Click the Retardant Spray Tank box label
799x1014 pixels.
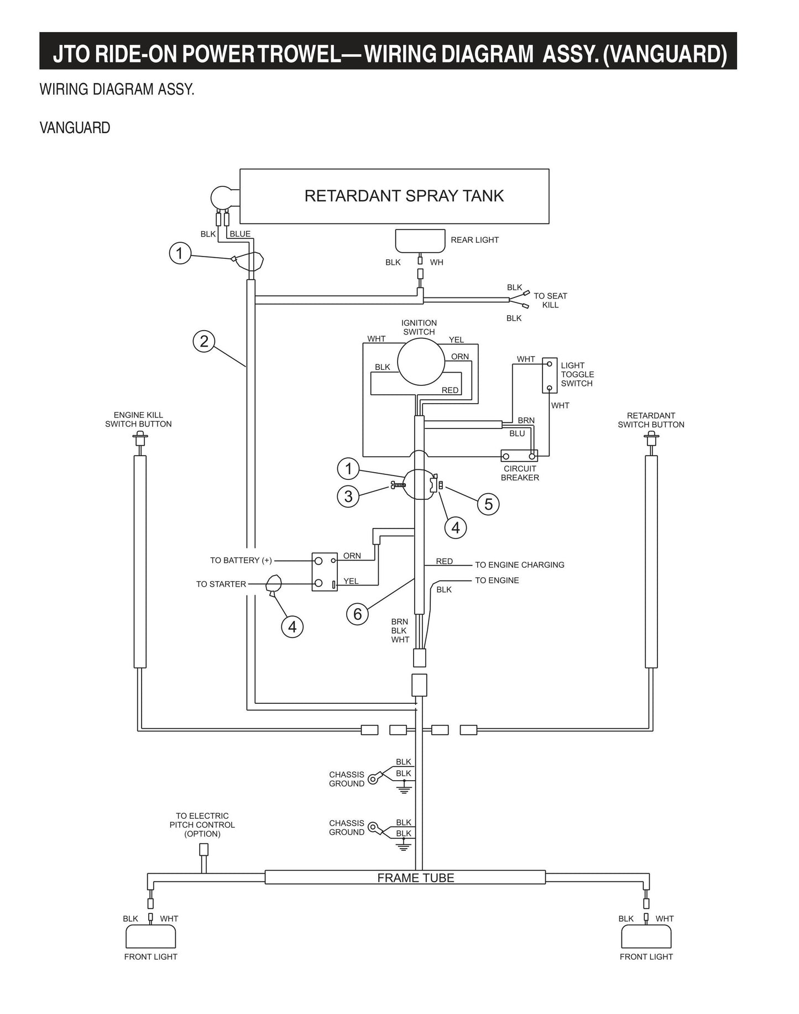point(404,196)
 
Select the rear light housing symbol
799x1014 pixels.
point(420,241)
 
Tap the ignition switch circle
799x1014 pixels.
point(421,362)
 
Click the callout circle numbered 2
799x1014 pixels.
point(204,341)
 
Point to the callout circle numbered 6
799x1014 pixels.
point(357,614)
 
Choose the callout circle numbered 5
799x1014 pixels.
point(488,504)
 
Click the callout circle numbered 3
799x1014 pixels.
point(348,496)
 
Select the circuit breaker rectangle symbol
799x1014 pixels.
point(519,456)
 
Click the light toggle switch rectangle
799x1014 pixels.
point(549,375)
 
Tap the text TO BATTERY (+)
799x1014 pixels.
point(241,560)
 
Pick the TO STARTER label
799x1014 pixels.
point(221,584)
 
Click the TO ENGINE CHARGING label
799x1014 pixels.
point(519,565)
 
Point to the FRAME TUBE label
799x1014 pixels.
point(415,878)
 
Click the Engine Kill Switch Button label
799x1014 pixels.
point(138,420)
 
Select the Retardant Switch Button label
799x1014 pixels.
point(651,420)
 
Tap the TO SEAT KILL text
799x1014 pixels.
point(550,300)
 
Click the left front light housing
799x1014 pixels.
point(150,937)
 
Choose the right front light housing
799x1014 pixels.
point(646,937)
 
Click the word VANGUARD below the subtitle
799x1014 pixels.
point(75,128)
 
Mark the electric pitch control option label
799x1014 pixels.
point(202,824)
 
